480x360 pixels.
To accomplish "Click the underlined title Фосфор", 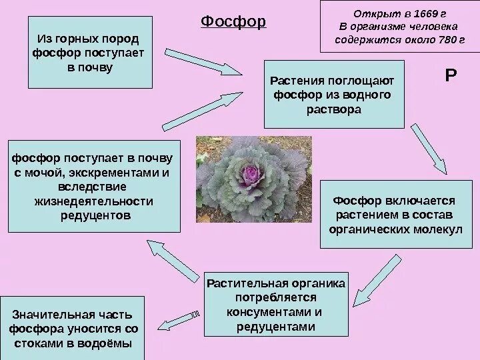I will pyautogui.click(x=233, y=22).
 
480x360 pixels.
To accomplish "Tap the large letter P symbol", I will pyautogui.click(x=451, y=77).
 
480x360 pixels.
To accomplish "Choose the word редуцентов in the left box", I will pyautogui.click(x=94, y=215).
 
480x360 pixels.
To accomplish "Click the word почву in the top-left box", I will pyautogui.click(x=91, y=68).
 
